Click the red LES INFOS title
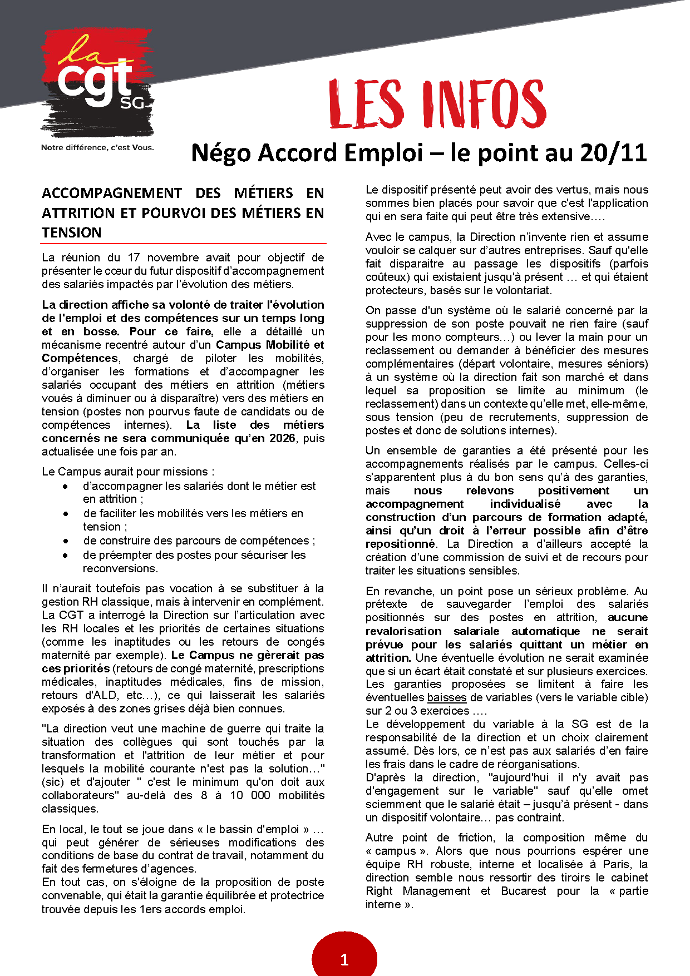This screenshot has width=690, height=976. point(437,105)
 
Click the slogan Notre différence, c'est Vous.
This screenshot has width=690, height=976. point(97,148)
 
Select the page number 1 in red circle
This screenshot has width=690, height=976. point(344,959)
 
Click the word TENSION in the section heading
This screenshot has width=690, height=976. point(72,232)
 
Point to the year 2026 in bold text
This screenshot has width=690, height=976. point(282,438)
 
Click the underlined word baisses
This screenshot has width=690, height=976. point(447,697)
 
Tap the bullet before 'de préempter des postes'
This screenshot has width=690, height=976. point(66,555)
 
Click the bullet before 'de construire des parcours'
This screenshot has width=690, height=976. point(66,541)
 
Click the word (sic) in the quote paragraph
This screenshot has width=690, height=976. point(52,782)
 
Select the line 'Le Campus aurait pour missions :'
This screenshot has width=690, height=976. point(128,472)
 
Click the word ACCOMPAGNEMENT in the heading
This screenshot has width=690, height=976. point(112,193)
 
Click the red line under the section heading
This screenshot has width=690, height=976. point(184,244)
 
